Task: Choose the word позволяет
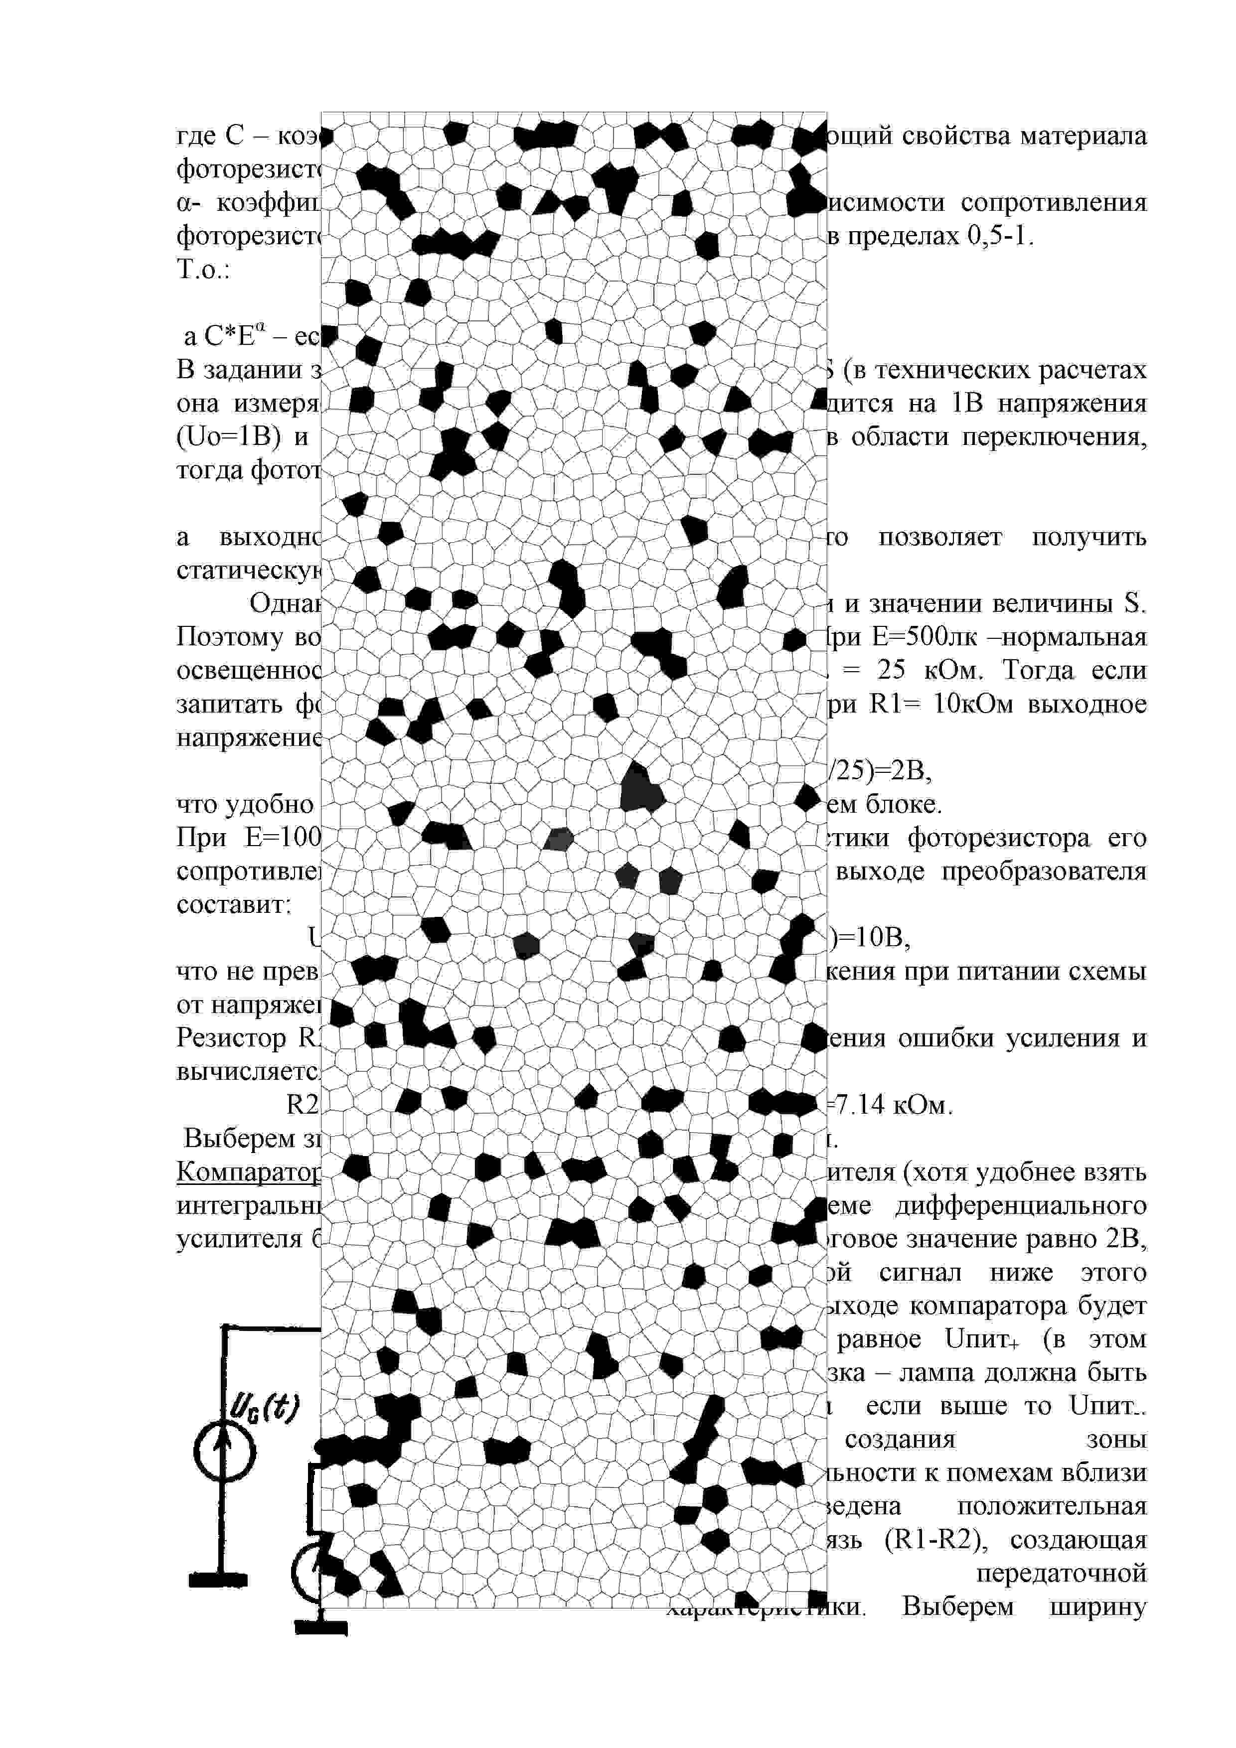coord(940,538)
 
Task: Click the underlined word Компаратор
coord(248,1172)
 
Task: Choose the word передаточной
coord(1061,1574)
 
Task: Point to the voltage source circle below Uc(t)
coord(225,1452)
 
